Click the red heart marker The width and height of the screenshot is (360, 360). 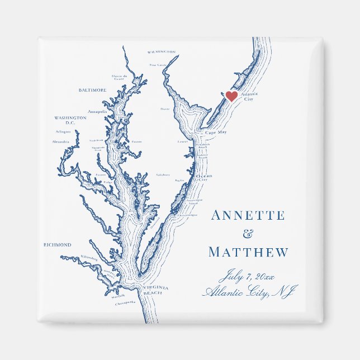231,96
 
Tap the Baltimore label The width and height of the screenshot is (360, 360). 92,90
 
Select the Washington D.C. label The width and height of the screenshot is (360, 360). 70,120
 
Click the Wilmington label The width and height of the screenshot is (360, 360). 162,51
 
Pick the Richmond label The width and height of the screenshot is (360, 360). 58,245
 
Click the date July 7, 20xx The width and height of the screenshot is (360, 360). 247,276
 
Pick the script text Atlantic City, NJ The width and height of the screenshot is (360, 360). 250,292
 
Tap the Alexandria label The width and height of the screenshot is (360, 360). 60,142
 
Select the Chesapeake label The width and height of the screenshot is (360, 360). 126,302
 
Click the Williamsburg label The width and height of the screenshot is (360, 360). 88,258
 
